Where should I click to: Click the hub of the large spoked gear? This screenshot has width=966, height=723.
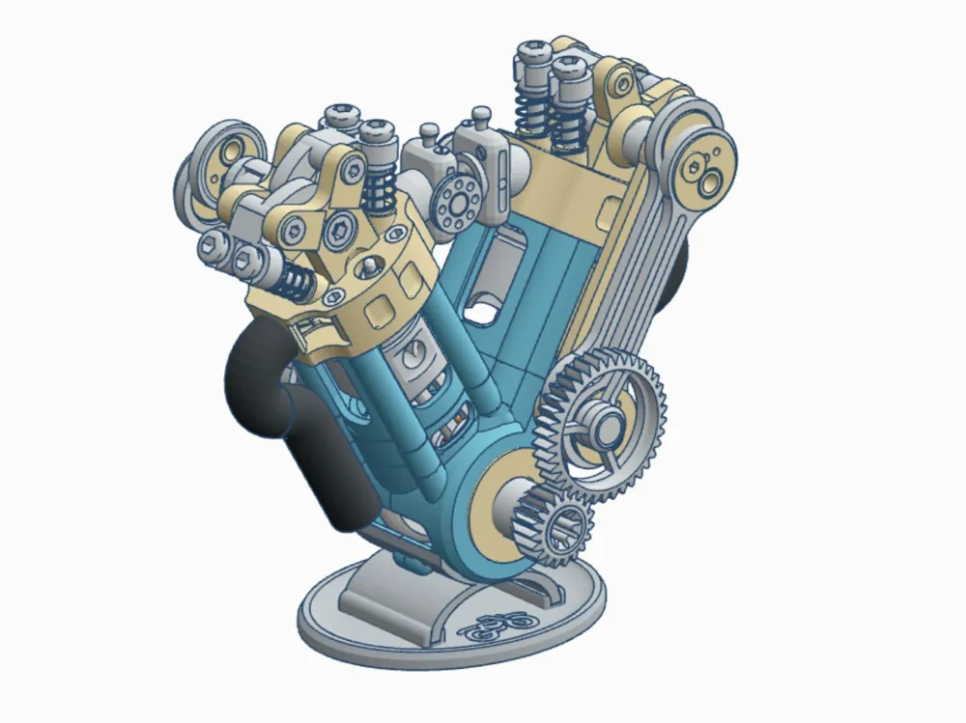pos(610,422)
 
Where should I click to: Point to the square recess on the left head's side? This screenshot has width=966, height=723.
pos(381,309)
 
